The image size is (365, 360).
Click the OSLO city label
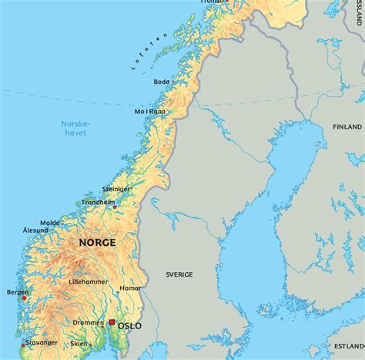click(x=129, y=326)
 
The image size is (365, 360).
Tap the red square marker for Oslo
click(x=112, y=323)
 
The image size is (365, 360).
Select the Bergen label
click(x=17, y=292)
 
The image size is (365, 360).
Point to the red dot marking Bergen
click(x=24, y=298)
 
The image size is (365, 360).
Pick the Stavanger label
click(x=40, y=342)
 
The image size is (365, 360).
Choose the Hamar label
click(x=131, y=288)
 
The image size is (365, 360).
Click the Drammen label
click(x=88, y=322)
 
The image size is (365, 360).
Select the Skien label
click(x=79, y=344)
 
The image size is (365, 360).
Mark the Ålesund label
click(x=35, y=230)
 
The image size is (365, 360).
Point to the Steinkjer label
click(x=116, y=188)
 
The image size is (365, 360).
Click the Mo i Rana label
click(x=151, y=110)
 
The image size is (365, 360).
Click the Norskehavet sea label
click(x=75, y=128)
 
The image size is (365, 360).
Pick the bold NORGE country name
click(x=97, y=242)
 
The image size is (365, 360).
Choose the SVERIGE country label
click(x=179, y=274)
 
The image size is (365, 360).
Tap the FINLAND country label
click(x=347, y=126)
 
